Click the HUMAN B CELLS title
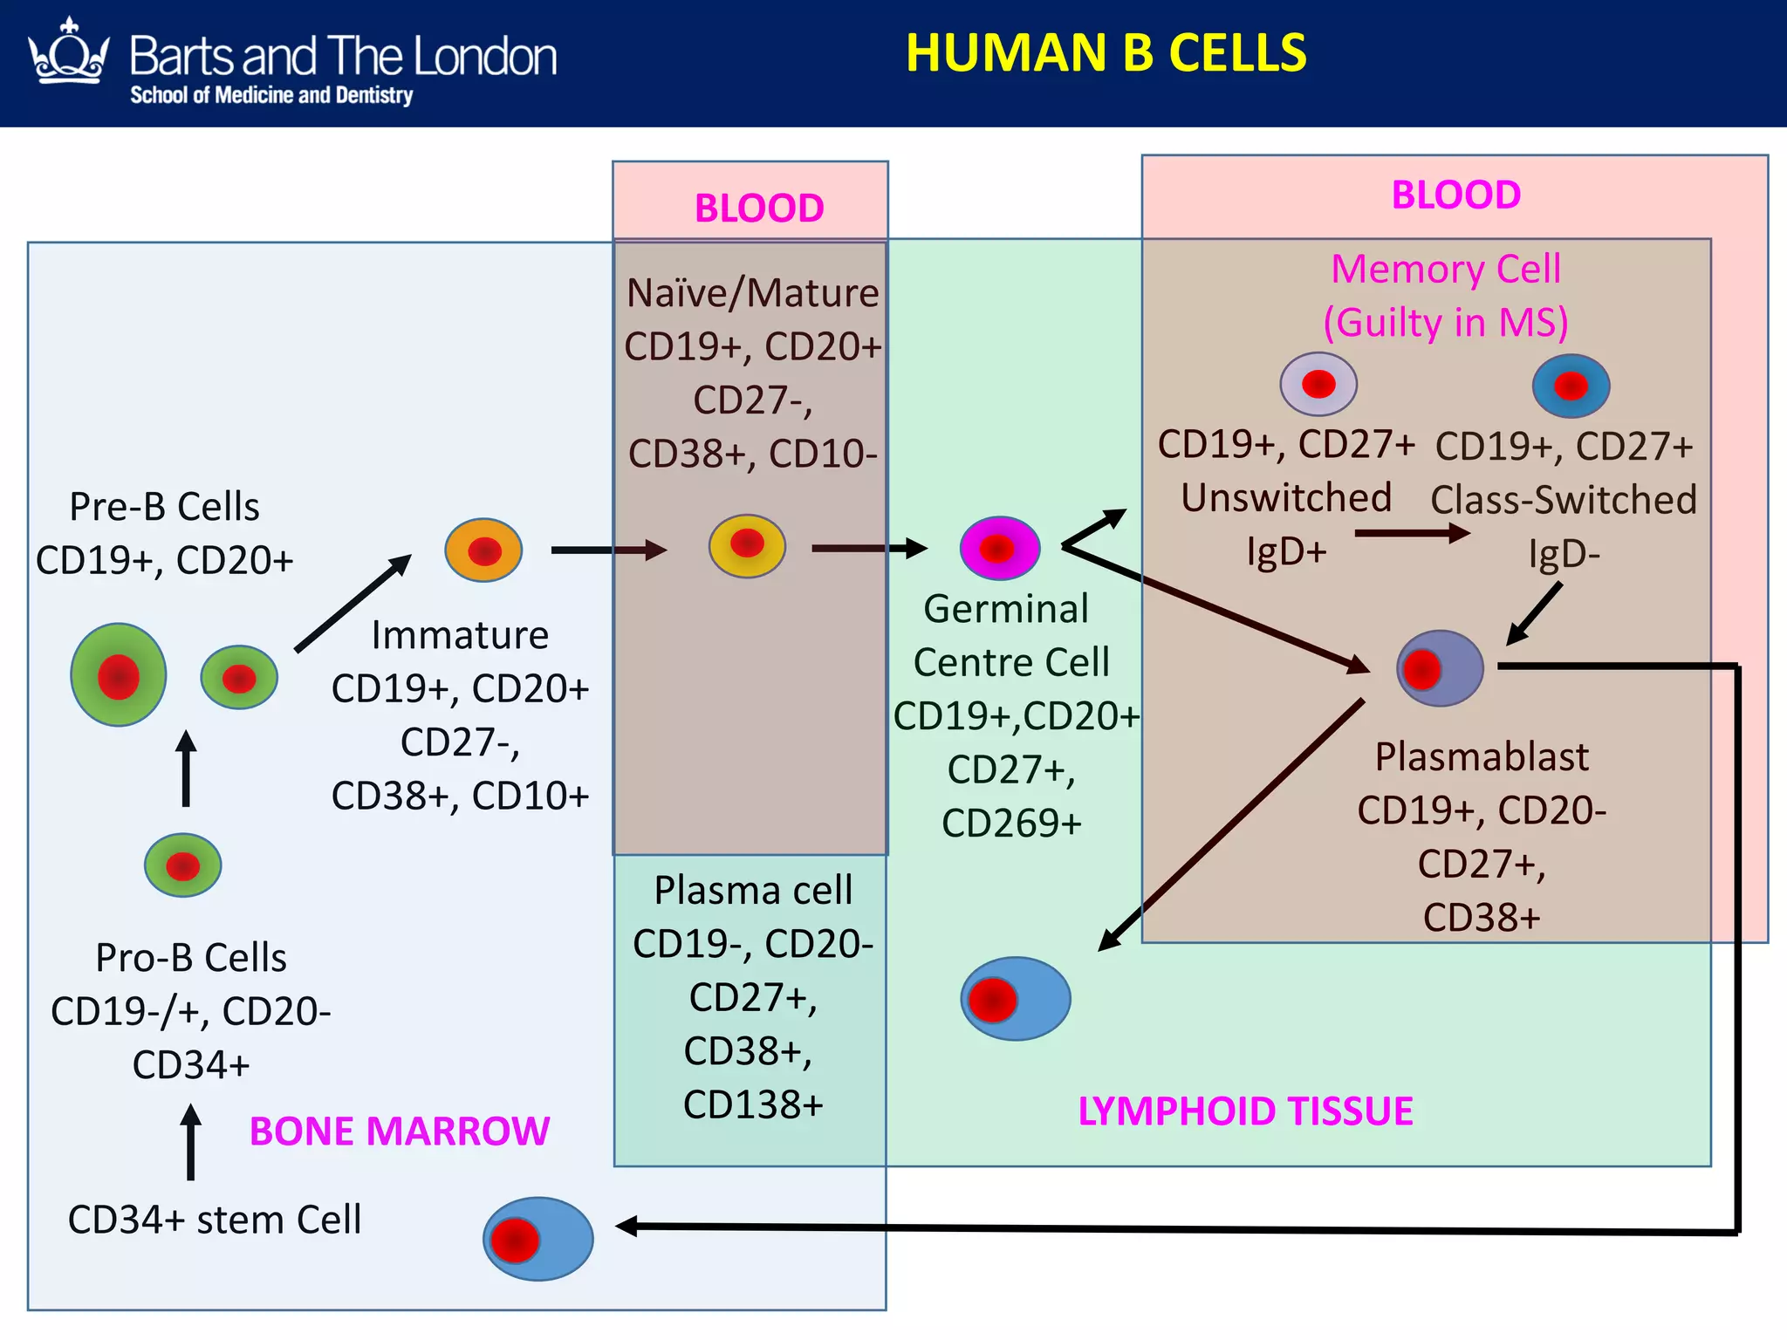(x=1106, y=52)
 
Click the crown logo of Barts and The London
(x=68, y=54)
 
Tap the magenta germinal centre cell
(x=1000, y=549)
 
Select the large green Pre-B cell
(x=119, y=674)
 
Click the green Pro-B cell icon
(x=183, y=865)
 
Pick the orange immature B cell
(x=483, y=550)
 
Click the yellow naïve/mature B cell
(x=747, y=545)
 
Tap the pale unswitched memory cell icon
(x=1318, y=384)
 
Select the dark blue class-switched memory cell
(x=1571, y=386)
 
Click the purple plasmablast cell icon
(x=1440, y=669)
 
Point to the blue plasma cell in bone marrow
(x=538, y=1239)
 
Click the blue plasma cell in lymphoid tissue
(x=1016, y=999)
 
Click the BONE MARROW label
(x=399, y=1131)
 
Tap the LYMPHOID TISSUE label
(x=1245, y=1111)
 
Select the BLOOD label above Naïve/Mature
(x=758, y=209)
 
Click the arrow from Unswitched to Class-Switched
(x=1412, y=533)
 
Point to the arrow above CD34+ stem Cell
(x=190, y=1143)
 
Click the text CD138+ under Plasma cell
(x=752, y=1104)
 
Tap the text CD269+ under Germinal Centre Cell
(x=1011, y=823)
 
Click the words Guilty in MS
(x=1446, y=322)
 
